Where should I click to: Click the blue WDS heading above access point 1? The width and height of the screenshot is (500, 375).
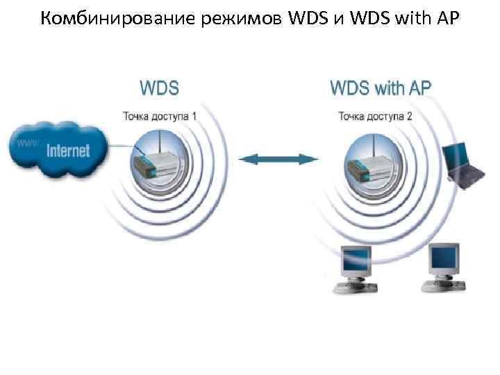pos(159,88)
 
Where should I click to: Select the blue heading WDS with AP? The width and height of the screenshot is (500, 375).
pos(380,88)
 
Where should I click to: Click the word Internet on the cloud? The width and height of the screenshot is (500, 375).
pos(68,150)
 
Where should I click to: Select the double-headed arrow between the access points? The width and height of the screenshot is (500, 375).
pos(278,160)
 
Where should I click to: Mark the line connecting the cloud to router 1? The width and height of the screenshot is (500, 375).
pos(121,146)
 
